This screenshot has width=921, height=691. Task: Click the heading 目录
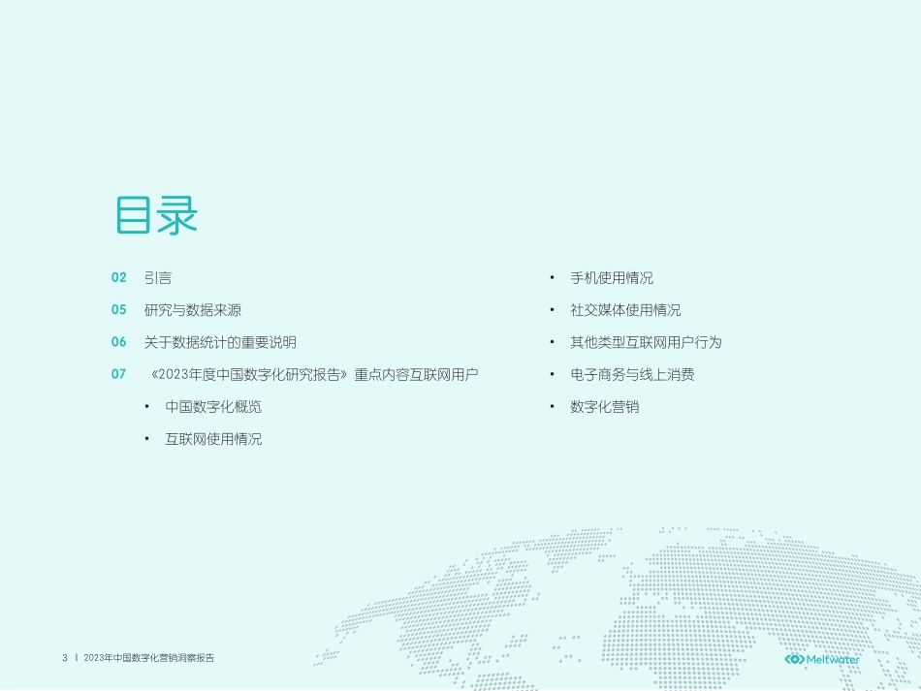156,215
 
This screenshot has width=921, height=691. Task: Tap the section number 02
119,278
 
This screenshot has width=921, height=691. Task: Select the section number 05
119,310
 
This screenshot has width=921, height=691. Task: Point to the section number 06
119,342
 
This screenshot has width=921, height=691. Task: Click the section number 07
119,374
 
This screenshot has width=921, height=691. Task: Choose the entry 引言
158,278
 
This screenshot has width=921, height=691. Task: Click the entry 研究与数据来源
193,310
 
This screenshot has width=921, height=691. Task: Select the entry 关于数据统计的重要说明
220,342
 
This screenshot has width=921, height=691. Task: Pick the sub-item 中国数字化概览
213,407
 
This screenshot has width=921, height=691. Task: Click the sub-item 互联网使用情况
213,439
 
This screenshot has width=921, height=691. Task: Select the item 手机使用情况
612,278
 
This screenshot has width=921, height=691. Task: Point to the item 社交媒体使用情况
625,310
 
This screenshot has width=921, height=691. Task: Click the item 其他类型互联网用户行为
646,342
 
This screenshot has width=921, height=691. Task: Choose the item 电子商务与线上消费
632,374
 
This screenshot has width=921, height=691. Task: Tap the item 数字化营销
605,407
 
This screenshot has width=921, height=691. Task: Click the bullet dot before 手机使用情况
552,278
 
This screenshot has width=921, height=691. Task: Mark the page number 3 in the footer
65,658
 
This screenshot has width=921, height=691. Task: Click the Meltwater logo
822,659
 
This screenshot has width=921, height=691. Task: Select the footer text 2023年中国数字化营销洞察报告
149,658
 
